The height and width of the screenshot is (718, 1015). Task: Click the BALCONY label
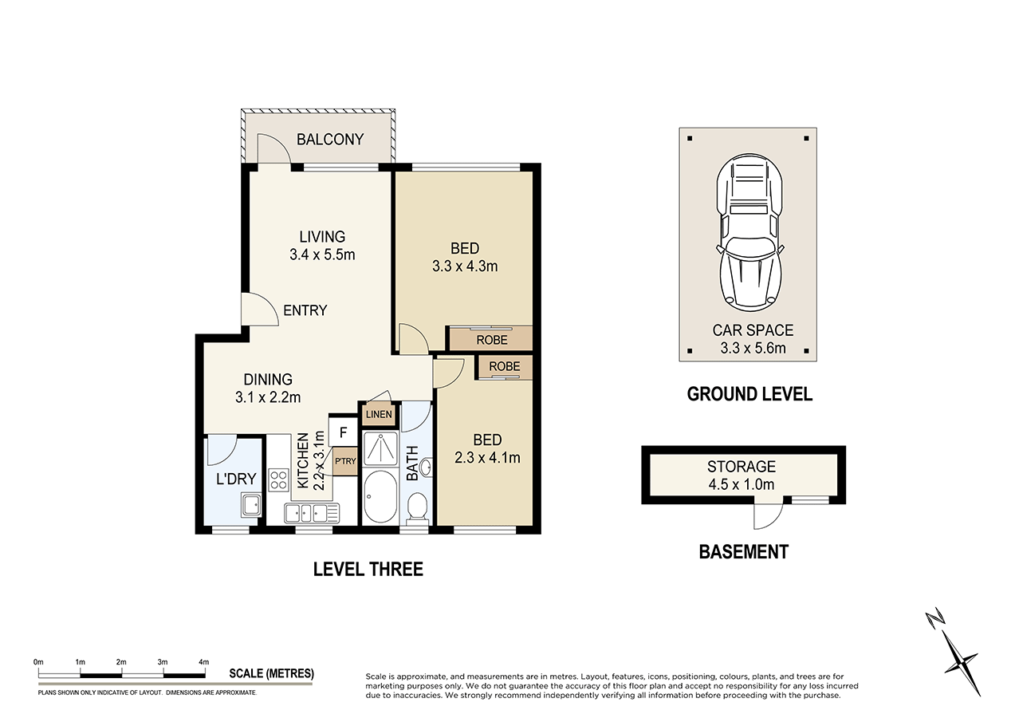pyautogui.click(x=329, y=140)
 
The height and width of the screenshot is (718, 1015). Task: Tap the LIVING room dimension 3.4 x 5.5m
pyautogui.click(x=322, y=255)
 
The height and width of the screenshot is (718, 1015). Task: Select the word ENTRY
pyautogui.click(x=305, y=310)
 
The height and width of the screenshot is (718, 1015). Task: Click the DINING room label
pyautogui.click(x=268, y=380)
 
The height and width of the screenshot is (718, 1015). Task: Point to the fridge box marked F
pyautogui.click(x=343, y=433)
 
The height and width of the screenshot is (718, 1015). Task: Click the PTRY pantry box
pyautogui.click(x=345, y=460)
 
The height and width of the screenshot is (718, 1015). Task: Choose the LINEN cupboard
pyautogui.click(x=379, y=414)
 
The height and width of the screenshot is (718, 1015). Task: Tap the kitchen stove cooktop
pyautogui.click(x=279, y=479)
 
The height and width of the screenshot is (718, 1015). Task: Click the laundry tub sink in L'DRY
pyautogui.click(x=252, y=505)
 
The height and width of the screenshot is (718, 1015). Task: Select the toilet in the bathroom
pyautogui.click(x=416, y=507)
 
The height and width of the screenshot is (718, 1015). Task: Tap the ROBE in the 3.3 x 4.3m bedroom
pyautogui.click(x=491, y=340)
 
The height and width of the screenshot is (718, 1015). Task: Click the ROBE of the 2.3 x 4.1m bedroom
pyautogui.click(x=504, y=367)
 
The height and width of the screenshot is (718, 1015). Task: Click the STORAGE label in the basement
pyautogui.click(x=741, y=467)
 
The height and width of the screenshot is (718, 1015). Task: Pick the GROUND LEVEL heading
pyautogui.click(x=749, y=394)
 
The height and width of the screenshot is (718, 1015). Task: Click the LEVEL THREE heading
pyautogui.click(x=368, y=570)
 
